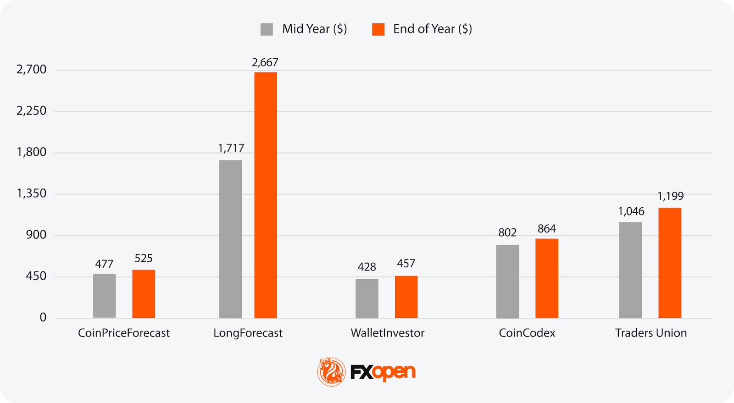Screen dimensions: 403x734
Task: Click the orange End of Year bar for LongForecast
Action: pos(266,195)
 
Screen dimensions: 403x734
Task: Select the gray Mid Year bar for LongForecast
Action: pos(230,239)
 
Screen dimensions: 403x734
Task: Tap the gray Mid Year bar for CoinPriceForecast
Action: pos(104,296)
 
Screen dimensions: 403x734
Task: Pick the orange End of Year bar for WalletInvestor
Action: pos(406,297)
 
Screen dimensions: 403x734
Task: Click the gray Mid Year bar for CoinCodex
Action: pos(507,281)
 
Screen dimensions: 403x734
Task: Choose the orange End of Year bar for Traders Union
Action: pos(670,263)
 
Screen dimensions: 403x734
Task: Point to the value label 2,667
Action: pos(265,62)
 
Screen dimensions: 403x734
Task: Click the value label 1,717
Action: pos(231,148)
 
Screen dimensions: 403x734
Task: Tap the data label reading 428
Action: pos(367,267)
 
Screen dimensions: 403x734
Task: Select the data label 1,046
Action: pos(631,211)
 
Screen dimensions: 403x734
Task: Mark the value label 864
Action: pos(546,229)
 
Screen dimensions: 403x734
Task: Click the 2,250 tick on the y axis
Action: pos(31,111)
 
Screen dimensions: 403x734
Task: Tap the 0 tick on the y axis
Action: pos(43,317)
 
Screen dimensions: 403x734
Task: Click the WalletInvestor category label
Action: pos(388,333)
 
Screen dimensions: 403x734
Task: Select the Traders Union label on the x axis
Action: pos(651,333)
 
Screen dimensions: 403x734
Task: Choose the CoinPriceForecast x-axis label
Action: pos(124,333)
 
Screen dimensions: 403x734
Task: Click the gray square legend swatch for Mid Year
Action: pos(267,29)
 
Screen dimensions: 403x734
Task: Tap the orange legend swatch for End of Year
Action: pos(378,29)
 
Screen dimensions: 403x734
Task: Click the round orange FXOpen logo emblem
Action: pos(331,372)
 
